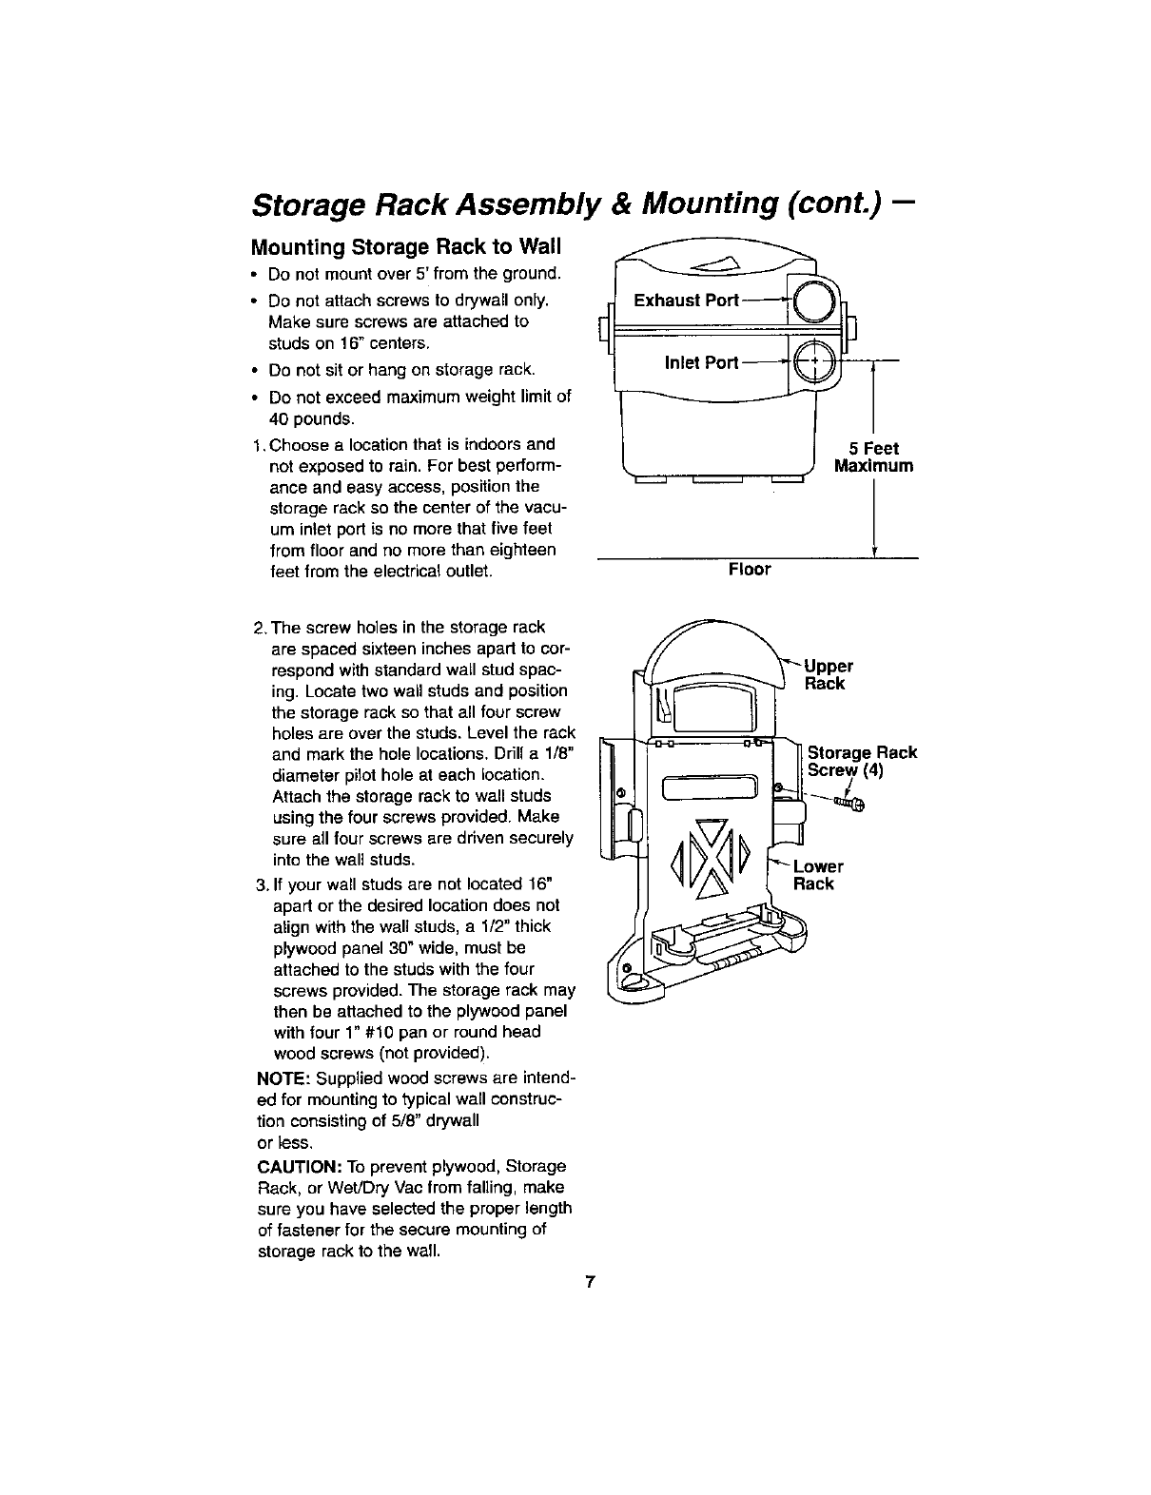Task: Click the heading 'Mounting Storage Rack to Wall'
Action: point(406,248)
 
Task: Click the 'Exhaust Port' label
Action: point(686,301)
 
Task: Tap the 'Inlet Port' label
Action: point(701,362)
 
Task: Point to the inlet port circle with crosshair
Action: point(813,361)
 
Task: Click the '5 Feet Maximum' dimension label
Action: point(872,457)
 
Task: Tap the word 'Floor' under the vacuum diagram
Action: point(749,570)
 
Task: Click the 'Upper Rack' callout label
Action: point(828,674)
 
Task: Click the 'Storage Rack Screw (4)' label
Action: point(861,761)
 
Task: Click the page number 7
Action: point(591,1282)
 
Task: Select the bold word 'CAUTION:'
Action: point(292,1166)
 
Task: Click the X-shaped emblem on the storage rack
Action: point(711,856)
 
